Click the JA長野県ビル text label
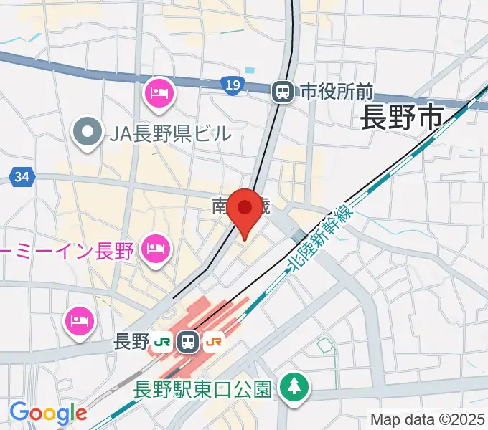[170, 133]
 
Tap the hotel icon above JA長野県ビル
[159, 92]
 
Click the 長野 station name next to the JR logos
[131, 342]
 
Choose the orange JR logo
[214, 342]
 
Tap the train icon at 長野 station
[189, 342]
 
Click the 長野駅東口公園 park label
[203, 389]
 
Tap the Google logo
[48, 413]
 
